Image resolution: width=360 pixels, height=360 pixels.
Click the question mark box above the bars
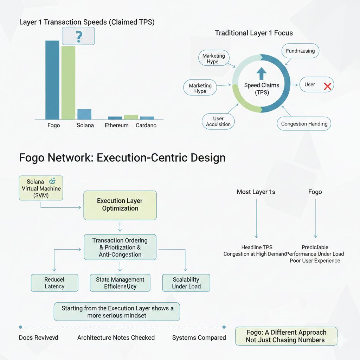click(x=78, y=36)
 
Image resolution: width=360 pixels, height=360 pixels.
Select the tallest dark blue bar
click(x=52, y=80)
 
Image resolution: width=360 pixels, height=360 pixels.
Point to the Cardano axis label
click(x=146, y=126)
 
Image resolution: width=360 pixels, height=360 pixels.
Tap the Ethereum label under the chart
click(x=117, y=126)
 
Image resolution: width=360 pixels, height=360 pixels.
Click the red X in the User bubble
click(x=328, y=86)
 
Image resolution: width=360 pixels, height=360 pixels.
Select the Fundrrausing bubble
click(x=300, y=51)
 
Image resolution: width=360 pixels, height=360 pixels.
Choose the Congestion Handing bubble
click(x=304, y=124)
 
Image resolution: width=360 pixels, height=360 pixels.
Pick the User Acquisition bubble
click(x=218, y=121)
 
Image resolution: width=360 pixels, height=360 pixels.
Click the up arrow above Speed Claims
click(x=262, y=73)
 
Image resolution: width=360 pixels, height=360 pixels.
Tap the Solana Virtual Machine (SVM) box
click(x=41, y=188)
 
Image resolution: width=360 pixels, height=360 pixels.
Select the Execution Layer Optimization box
click(x=120, y=205)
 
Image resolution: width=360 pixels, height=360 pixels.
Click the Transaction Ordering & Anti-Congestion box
click(x=120, y=247)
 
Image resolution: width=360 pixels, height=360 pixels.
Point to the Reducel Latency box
click(x=54, y=283)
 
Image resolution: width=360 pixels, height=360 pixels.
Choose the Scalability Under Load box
click(x=186, y=283)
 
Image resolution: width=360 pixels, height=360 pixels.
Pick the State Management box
click(x=120, y=283)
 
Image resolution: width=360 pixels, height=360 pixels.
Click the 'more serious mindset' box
click(x=117, y=311)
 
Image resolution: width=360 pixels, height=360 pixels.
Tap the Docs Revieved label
click(x=39, y=337)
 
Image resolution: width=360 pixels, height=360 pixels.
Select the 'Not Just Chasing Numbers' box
click(x=286, y=336)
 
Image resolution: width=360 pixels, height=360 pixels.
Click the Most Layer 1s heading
click(x=256, y=192)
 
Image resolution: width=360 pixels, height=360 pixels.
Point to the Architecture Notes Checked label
click(x=116, y=337)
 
